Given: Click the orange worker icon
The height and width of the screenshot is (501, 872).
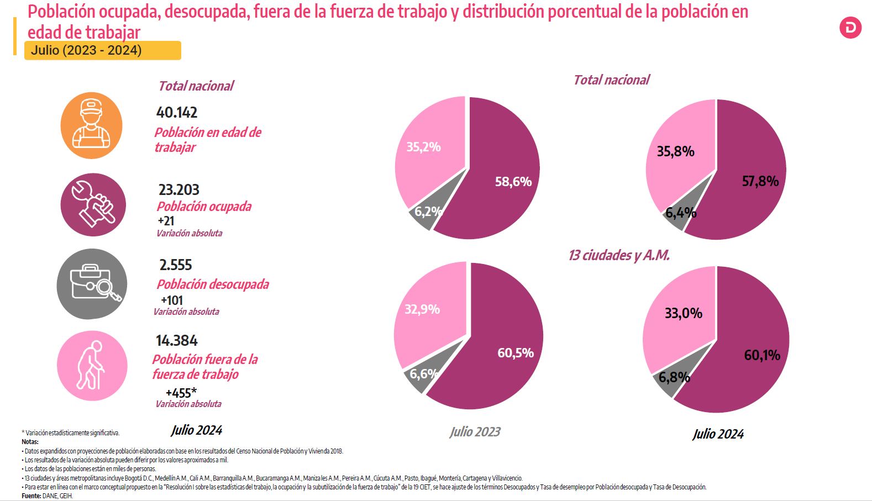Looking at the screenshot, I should [91, 125].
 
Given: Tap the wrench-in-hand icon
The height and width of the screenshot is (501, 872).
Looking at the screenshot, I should [93, 205].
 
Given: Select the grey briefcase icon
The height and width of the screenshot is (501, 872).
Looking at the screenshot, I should [92, 284].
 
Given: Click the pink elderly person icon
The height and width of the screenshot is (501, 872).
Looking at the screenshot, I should [92, 366].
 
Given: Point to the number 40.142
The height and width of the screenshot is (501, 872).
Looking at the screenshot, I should [177, 113].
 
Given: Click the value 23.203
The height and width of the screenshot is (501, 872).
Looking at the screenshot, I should [178, 190].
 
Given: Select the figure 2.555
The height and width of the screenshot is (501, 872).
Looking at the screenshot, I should [176, 265].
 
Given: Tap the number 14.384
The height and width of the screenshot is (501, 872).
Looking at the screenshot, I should [177, 341].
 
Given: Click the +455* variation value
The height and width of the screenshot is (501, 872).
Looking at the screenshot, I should [181, 393].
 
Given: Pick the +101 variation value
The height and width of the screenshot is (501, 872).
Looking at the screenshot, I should [172, 300].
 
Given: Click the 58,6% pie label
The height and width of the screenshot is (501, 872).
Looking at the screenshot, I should [513, 182].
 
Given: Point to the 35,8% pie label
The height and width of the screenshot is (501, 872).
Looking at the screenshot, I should [675, 151].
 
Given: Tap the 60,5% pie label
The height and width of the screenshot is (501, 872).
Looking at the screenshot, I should [516, 353].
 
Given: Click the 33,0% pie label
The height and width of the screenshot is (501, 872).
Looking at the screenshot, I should [684, 313].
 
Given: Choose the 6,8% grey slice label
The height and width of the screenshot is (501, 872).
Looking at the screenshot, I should [674, 377].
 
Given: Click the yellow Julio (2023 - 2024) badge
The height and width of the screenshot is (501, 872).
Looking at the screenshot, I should [103, 50].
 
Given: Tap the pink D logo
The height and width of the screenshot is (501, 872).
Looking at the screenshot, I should [850, 28].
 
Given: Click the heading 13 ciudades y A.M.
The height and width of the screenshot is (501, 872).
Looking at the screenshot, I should [619, 255].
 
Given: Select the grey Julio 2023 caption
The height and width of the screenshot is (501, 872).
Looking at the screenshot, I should [475, 432].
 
